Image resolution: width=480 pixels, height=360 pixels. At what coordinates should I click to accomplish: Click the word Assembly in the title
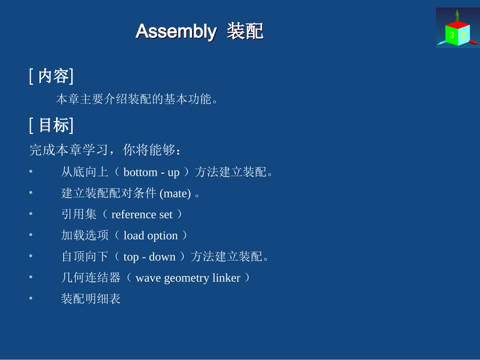[x=176, y=31]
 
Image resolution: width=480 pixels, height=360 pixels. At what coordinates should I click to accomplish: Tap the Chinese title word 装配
[x=245, y=31]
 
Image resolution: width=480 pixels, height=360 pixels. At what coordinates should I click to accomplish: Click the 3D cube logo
[x=457, y=28]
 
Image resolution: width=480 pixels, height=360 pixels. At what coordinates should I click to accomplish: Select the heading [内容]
[x=52, y=76]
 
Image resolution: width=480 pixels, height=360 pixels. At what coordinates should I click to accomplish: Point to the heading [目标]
[x=52, y=125]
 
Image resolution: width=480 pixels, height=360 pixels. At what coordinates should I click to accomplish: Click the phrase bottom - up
[x=152, y=172]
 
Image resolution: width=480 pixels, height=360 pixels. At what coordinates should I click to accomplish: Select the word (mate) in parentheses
[x=175, y=193]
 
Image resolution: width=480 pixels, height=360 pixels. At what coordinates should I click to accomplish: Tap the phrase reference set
[x=142, y=215]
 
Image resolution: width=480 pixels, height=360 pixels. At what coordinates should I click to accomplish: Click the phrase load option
[x=151, y=236]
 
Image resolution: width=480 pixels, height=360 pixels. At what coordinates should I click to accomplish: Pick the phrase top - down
[x=150, y=257]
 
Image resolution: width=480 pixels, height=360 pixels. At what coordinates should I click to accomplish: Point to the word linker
[x=226, y=278]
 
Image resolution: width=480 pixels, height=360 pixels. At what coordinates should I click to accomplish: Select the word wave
[x=148, y=278]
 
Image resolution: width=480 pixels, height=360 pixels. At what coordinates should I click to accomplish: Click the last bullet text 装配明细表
[x=91, y=299]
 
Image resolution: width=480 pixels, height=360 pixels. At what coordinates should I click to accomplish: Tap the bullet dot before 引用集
[x=31, y=214]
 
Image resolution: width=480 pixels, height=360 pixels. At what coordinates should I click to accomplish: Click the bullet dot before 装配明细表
[x=31, y=298]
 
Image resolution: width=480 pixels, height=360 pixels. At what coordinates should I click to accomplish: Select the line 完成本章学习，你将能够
[x=105, y=150]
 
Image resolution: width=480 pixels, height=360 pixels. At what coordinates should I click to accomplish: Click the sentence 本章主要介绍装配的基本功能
[x=137, y=99]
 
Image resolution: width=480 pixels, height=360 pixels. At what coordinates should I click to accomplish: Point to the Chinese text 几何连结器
[x=91, y=278]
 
